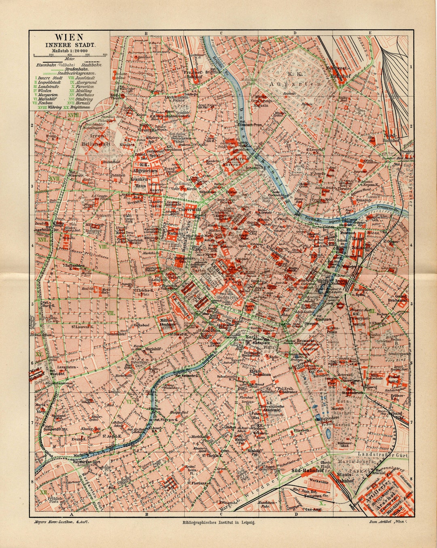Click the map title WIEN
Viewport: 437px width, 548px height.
[69, 38]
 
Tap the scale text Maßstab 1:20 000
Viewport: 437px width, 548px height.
[69, 51]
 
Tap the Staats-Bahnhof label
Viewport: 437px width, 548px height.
[344, 478]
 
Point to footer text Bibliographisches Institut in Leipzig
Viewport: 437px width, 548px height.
[219, 523]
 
